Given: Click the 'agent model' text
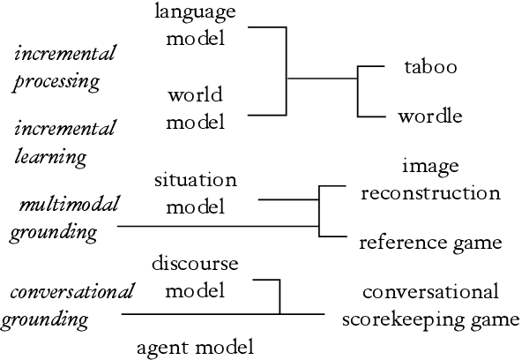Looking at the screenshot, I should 195,346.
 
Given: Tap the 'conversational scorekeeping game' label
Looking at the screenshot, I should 431,304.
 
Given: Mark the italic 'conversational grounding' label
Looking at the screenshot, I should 67,304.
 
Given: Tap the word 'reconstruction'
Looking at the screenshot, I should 431,191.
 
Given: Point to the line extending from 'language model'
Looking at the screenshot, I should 267,27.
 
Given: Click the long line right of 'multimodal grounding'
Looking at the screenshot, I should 216,227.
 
